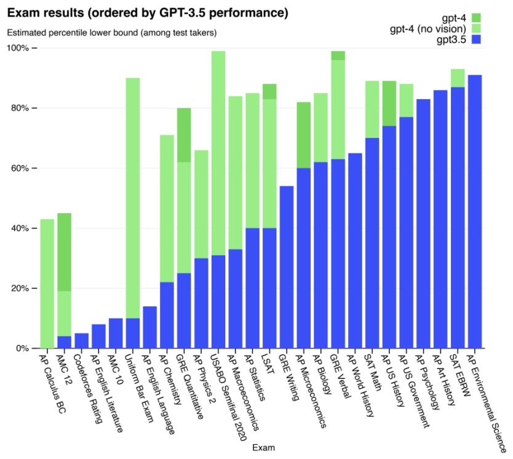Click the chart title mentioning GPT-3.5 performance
click(x=148, y=13)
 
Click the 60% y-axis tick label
click(x=18, y=168)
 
